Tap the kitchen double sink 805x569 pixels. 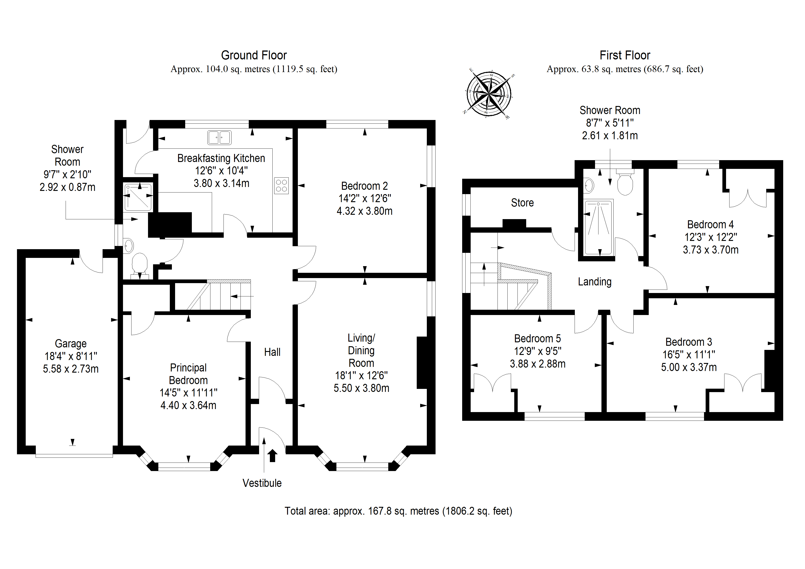(219, 137)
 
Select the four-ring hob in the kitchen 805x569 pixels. (281, 185)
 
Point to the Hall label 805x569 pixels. (272, 352)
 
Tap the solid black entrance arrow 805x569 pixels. (272, 456)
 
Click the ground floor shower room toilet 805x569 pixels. (139, 265)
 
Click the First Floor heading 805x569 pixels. (625, 55)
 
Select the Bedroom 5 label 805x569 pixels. (537, 338)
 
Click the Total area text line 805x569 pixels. (398, 511)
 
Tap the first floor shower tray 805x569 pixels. (598, 227)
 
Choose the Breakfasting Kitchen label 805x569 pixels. (221, 158)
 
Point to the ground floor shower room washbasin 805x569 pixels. (128, 246)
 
